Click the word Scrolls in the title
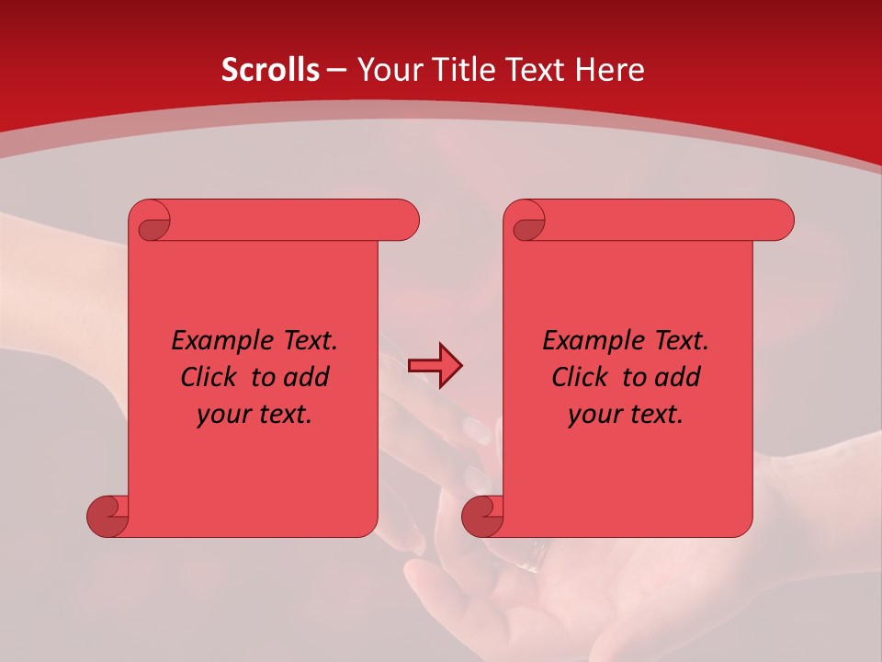tap(270, 70)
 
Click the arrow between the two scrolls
tap(435, 366)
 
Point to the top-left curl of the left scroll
tap(153, 225)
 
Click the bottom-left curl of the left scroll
tap(107, 516)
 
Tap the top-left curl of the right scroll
tap(528, 225)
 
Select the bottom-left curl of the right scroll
tap(482, 516)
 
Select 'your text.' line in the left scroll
tap(254, 415)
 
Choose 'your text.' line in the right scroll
tap(626, 415)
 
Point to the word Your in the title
tap(388, 70)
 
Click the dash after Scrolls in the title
tap(337, 71)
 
